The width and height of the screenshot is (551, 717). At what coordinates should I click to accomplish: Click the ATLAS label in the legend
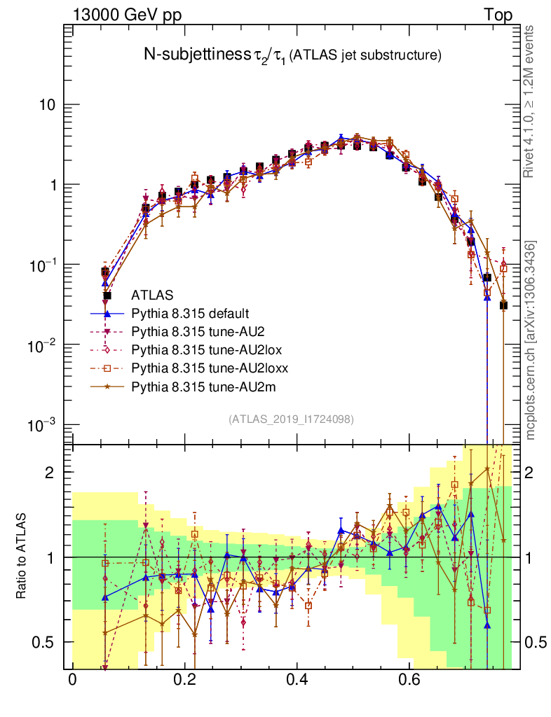152,295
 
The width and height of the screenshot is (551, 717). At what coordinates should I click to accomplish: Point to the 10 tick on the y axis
47,105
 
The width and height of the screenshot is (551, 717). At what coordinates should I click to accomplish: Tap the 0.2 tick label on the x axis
185,680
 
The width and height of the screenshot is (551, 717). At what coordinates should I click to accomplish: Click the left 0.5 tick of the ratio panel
45,642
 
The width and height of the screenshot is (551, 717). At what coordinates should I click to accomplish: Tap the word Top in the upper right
498,15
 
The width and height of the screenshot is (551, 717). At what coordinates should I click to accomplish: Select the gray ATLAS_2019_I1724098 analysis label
291,419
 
